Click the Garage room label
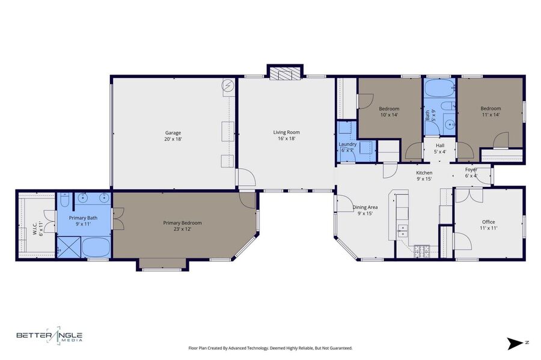coord(173,133)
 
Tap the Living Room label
coord(286,132)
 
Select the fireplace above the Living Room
coord(285,74)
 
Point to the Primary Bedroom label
coord(182,223)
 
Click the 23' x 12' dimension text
coord(183,229)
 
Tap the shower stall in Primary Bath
coord(69,247)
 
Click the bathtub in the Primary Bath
coord(96,247)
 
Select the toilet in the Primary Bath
coord(65,200)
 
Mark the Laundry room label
coord(347,144)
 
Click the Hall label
coord(440,145)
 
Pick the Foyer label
coord(471,169)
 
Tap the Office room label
coord(489,222)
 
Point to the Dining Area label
coord(365,207)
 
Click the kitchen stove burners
coord(421,251)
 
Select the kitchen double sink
coord(402,231)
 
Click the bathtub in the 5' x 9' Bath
coord(438,88)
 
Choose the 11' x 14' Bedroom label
coord(491,111)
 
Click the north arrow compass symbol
coord(515,344)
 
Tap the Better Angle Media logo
coord(50,335)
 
